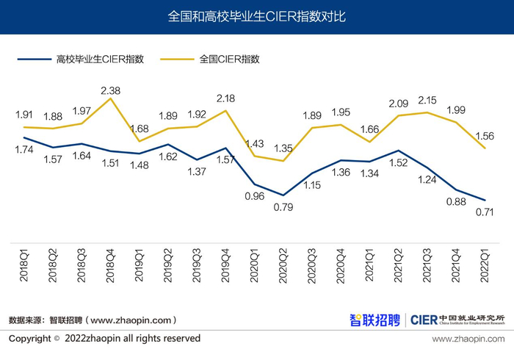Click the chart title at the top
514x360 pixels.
pyautogui.click(x=257, y=16)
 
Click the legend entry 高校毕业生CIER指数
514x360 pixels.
pyautogui.click(x=100, y=59)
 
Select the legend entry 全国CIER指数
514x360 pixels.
pyautogui.click(x=230, y=59)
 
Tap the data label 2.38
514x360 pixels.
pyautogui.click(x=111, y=90)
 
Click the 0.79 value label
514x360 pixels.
pyautogui.click(x=283, y=207)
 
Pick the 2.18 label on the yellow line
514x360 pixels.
pyautogui.click(x=225, y=98)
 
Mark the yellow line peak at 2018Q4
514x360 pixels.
pyautogui.click(x=111, y=98)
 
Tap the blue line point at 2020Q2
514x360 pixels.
pyautogui.click(x=283, y=195)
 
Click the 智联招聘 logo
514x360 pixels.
pyautogui.click(x=374, y=320)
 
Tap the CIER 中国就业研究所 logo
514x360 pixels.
pyautogui.click(x=457, y=320)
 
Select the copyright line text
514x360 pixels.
pyautogui.click(x=105, y=339)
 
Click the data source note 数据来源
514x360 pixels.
pyautogui.click(x=93, y=320)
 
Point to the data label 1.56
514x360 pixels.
pyautogui.click(x=485, y=136)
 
